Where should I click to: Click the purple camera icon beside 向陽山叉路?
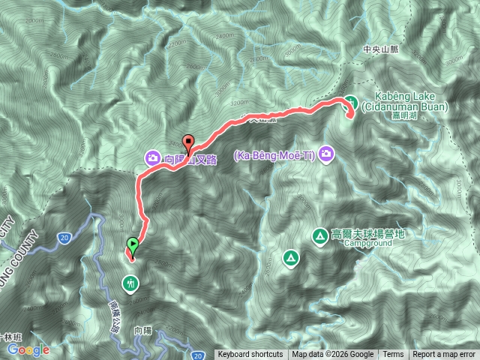(153, 157)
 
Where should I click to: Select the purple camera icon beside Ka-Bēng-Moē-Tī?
(326, 154)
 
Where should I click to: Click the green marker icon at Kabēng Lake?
(350, 103)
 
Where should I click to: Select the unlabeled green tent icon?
(289, 259)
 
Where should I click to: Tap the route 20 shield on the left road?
(64, 238)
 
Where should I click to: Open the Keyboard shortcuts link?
(250, 355)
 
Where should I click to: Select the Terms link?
(393, 355)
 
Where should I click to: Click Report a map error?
(445, 355)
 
